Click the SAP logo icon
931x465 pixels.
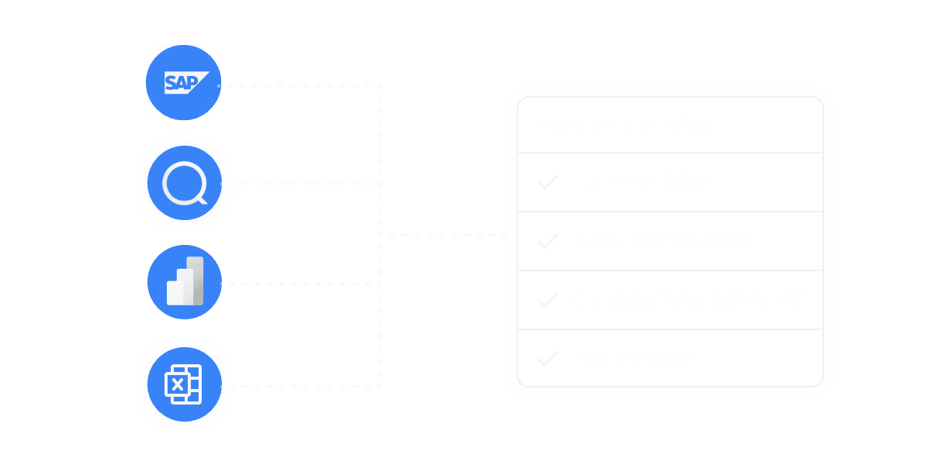[x=184, y=82]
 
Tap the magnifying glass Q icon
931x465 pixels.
[x=185, y=184]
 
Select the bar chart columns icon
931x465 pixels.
[x=185, y=282]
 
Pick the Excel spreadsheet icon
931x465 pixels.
[x=183, y=384]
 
